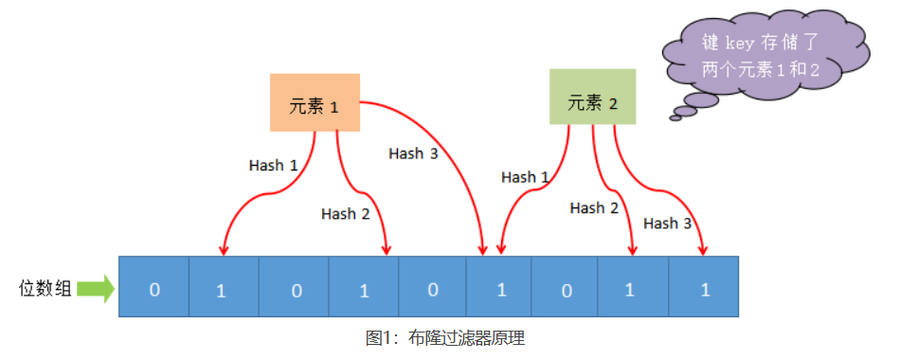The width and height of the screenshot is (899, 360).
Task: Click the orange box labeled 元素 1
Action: [314, 103]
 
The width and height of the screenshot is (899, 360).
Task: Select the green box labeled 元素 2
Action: [592, 98]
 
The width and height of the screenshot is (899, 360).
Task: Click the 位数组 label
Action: [45, 289]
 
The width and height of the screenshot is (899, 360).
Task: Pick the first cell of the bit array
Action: [153, 287]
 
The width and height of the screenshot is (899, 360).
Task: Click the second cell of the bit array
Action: [223, 287]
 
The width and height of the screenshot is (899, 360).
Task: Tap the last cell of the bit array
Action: [704, 287]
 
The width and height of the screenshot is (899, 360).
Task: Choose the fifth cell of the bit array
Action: [432, 287]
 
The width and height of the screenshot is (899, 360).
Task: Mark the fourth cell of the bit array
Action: [363, 287]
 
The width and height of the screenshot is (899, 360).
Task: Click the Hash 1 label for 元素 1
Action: [273, 165]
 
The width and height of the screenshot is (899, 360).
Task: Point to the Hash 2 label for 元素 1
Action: [345, 214]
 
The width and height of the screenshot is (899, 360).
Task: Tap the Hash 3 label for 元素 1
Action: [412, 153]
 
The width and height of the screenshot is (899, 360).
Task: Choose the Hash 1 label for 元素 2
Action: [525, 177]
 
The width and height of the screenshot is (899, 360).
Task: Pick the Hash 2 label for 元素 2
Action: [594, 207]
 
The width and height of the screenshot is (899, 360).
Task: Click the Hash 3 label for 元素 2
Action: [667, 224]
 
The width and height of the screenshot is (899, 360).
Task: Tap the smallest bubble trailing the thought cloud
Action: [676, 117]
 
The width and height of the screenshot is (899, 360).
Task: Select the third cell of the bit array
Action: [294, 287]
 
